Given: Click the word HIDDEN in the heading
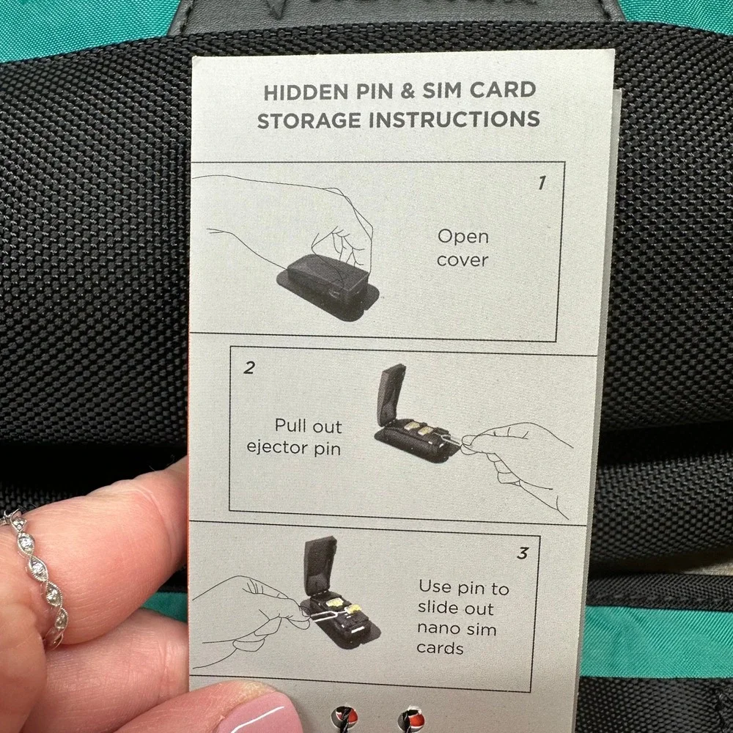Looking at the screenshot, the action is pyautogui.click(x=306, y=92).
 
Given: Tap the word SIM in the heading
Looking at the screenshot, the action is pyautogui.click(x=442, y=90).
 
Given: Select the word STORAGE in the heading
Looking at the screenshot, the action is pyautogui.click(x=309, y=121).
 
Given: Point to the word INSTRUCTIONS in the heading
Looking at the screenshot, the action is pyautogui.click(x=454, y=119).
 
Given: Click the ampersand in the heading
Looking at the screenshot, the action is pyautogui.click(x=408, y=91).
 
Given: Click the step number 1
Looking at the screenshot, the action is pyautogui.click(x=542, y=183).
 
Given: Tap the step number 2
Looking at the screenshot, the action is pyautogui.click(x=249, y=368).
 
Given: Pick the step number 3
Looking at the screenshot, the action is pyautogui.click(x=523, y=553).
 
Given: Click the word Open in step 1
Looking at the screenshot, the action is pyautogui.click(x=463, y=237).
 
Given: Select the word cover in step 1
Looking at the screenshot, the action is pyautogui.click(x=463, y=260).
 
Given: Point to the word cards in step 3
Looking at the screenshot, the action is pyautogui.click(x=440, y=649).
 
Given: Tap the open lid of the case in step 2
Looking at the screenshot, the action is pyautogui.click(x=391, y=391).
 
